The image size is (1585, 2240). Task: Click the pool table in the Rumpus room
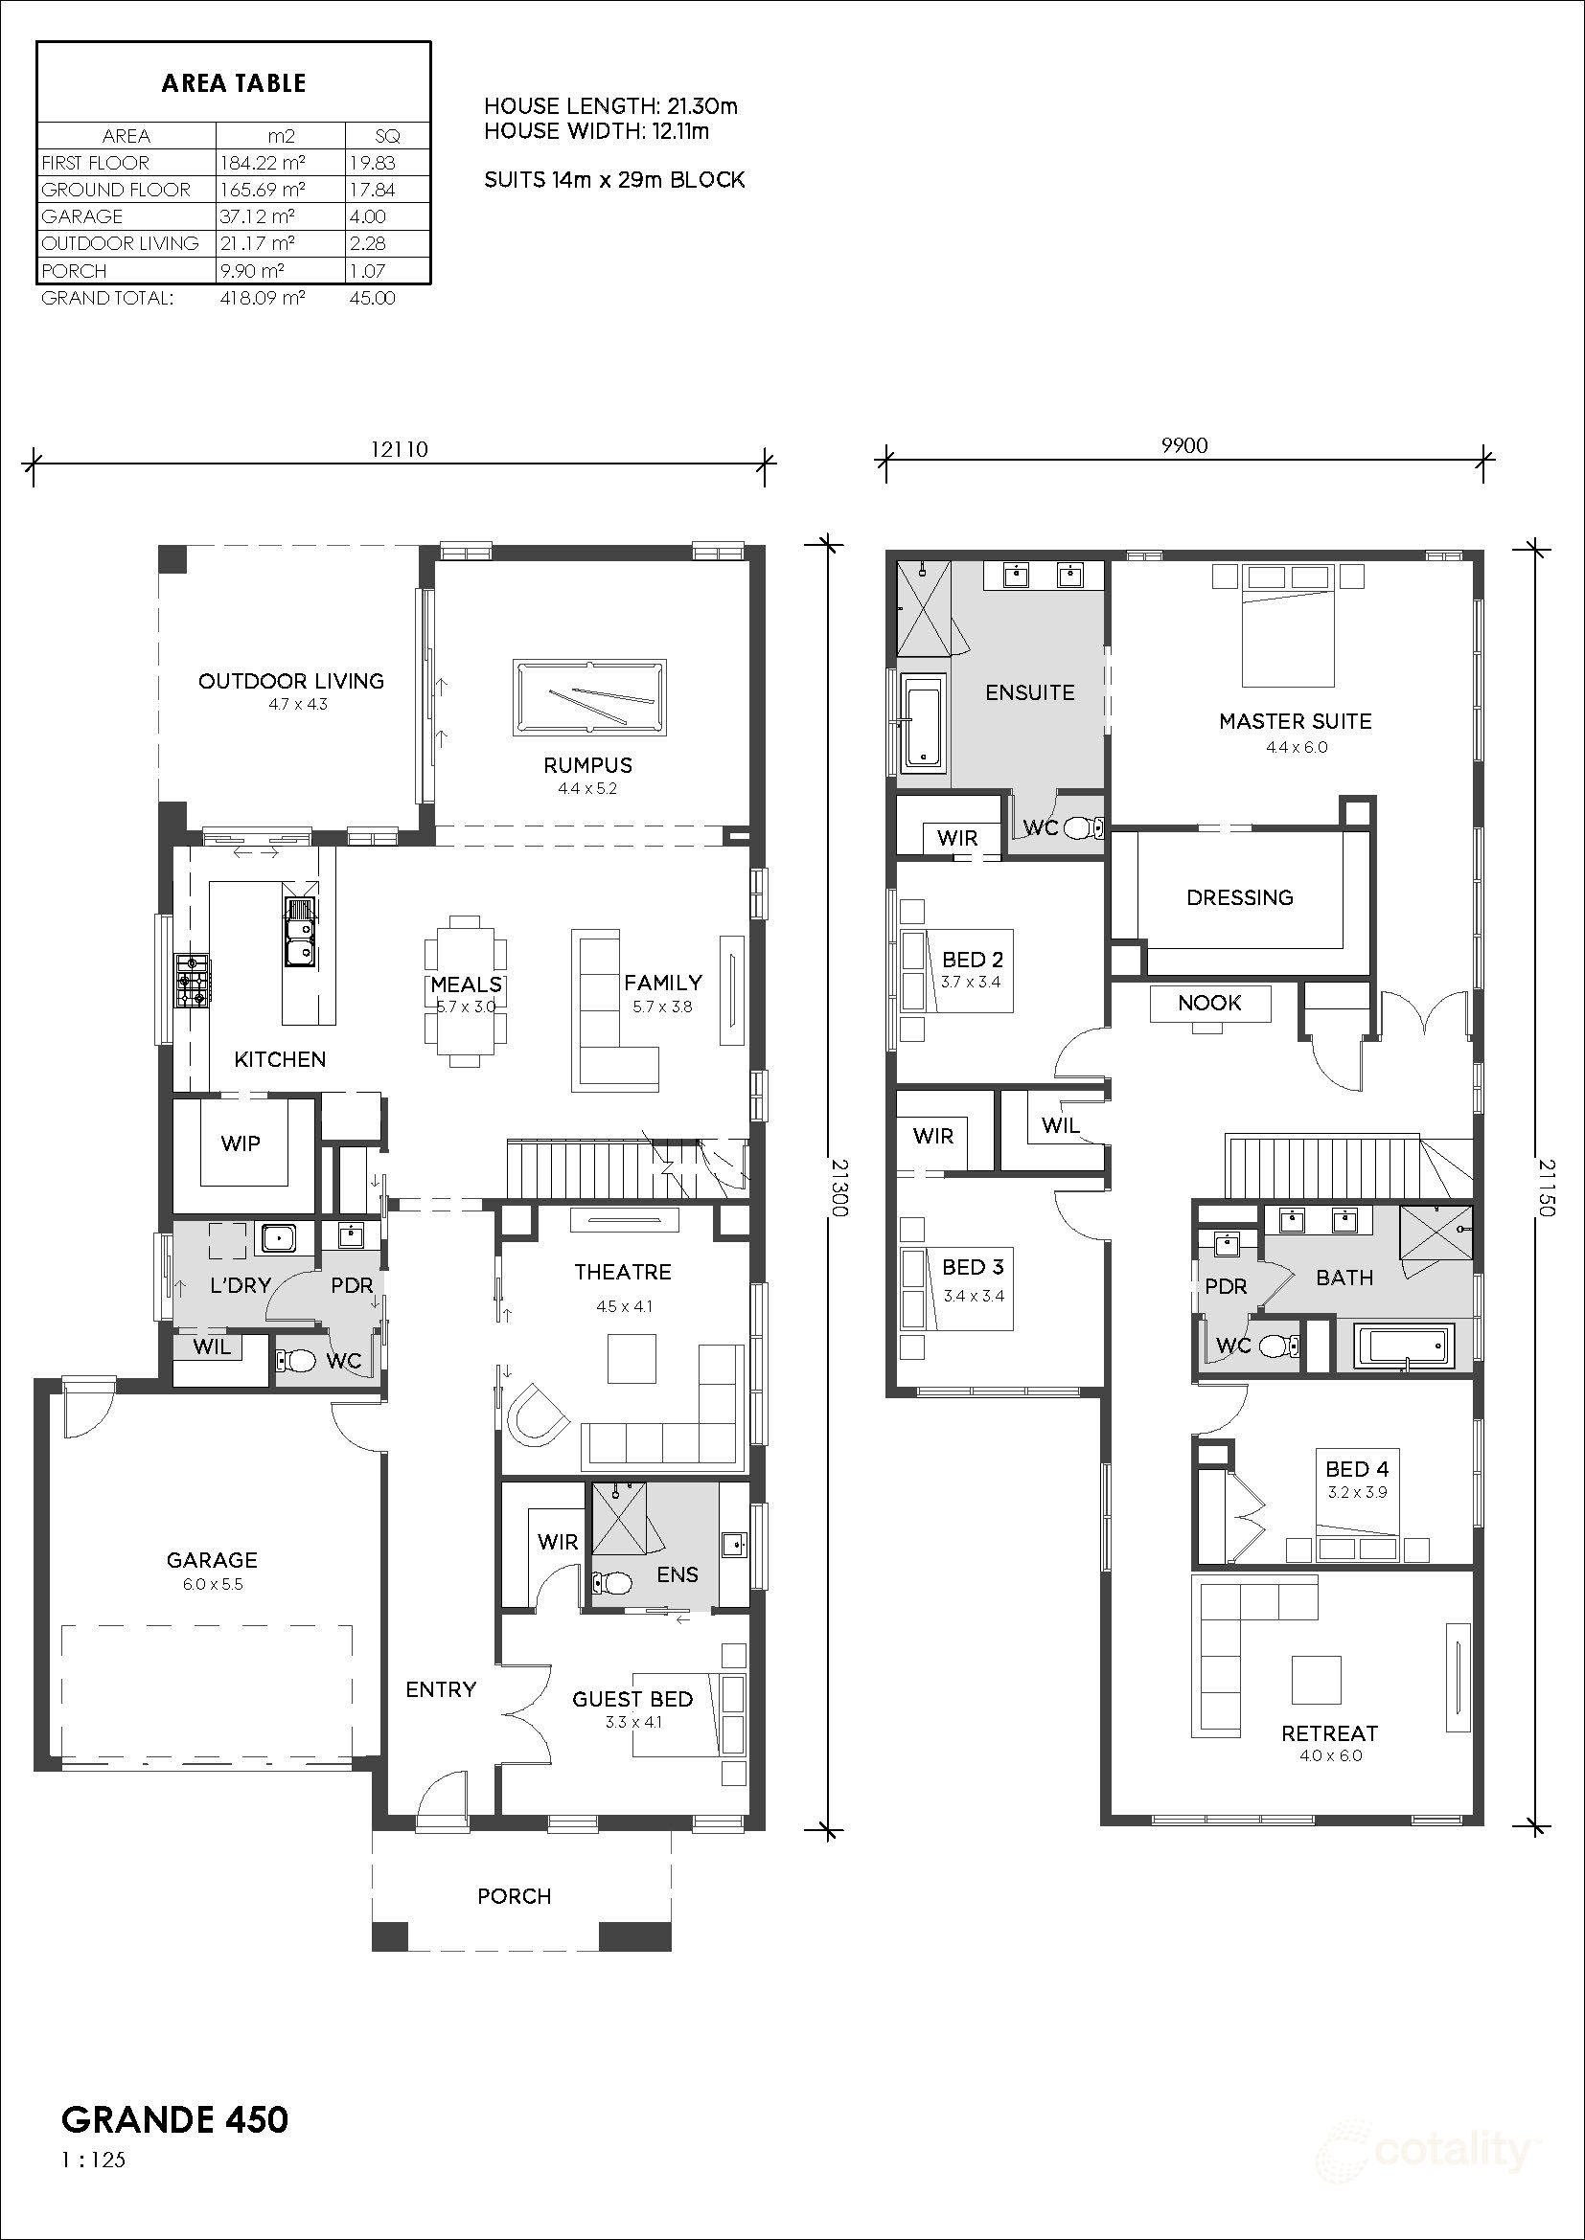click(x=588, y=697)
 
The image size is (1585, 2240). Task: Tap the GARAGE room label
click(x=212, y=1560)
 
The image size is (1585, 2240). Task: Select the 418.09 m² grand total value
click(x=263, y=299)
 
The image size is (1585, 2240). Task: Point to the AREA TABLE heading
click(x=234, y=84)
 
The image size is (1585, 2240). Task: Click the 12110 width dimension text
click(x=400, y=449)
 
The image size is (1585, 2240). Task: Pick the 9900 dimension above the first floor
click(x=1184, y=446)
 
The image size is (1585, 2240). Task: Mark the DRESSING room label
click(x=1239, y=897)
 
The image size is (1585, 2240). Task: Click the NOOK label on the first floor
click(x=1209, y=1003)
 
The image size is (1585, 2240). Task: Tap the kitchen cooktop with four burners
click(x=193, y=980)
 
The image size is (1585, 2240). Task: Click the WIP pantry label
click(x=241, y=1143)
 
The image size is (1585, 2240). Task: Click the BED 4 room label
click(x=1357, y=1468)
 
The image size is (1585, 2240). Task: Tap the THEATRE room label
click(x=623, y=1272)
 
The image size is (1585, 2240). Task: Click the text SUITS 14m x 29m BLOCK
click(x=615, y=180)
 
